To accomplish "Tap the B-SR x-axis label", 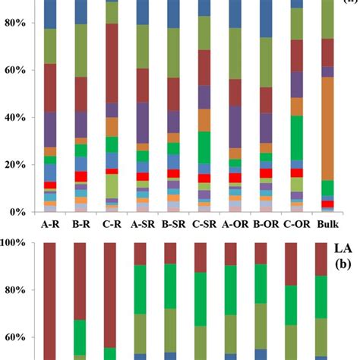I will (173, 224).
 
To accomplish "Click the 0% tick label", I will (20, 212).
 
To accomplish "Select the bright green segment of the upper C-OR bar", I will (297, 137).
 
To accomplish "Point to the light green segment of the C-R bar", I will (111, 186).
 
